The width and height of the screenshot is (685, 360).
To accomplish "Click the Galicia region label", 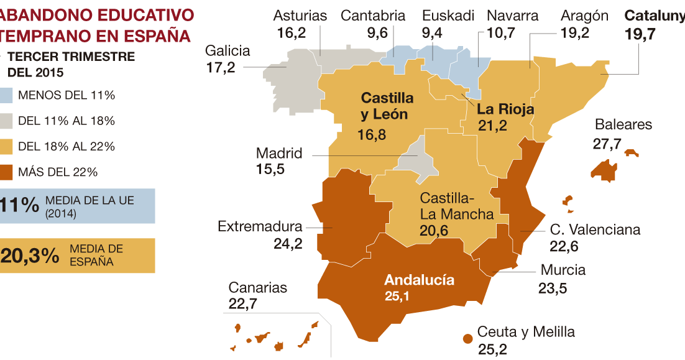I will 228,51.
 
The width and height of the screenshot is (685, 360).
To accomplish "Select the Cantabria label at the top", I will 373,16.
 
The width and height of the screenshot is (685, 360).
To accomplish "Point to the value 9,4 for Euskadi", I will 431,33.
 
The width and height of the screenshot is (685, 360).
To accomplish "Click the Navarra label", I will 512,16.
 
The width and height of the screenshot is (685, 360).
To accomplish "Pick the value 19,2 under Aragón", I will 574,33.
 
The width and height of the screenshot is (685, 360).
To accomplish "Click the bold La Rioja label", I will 505,109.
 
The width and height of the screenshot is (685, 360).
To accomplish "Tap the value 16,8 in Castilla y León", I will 372,134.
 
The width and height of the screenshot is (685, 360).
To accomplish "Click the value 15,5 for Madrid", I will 270,169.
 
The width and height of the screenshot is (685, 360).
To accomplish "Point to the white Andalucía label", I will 419,280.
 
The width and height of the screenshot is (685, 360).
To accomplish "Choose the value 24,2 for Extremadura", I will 288,243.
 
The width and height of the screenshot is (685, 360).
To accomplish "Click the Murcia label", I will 563,270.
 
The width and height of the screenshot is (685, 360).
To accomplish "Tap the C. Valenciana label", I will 595,230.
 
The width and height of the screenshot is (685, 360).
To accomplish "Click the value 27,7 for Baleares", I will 607,144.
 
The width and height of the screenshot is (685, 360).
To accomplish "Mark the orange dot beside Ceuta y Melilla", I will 467,338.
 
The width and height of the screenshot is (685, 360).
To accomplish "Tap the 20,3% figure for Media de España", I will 30,256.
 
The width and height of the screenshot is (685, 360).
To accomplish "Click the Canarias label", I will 258,288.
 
